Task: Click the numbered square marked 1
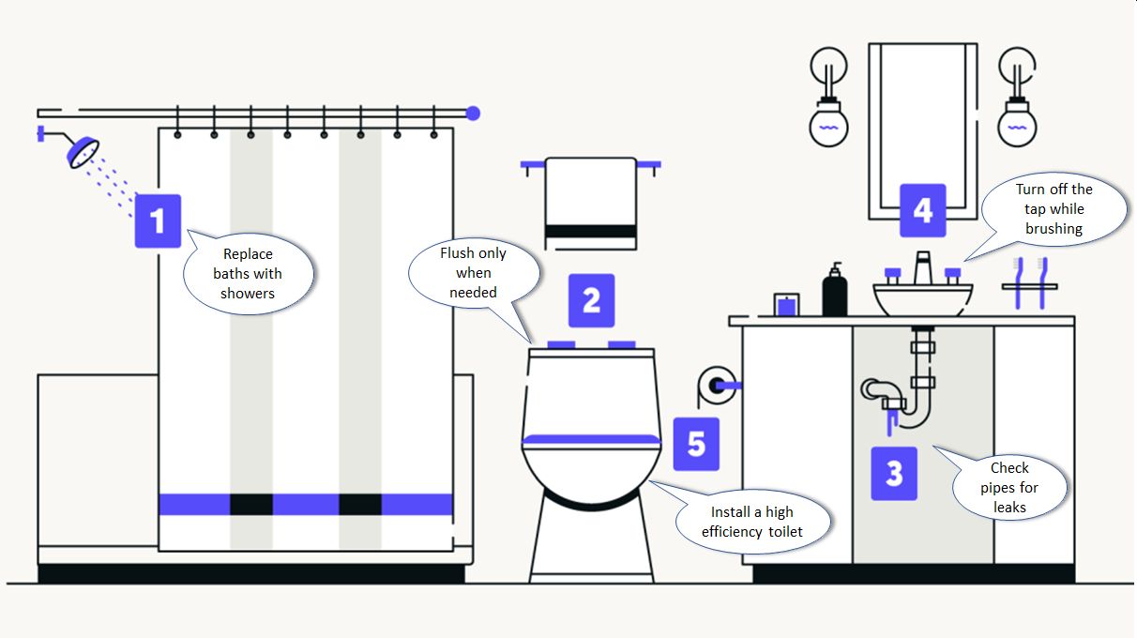point(158,221)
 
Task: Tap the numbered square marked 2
point(591,300)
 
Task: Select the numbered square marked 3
point(893,473)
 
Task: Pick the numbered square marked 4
point(922,210)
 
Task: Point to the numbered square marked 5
point(695,444)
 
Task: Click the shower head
point(83,152)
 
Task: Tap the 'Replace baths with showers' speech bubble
point(248,274)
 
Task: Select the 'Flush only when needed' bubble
point(475,273)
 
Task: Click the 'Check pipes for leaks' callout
point(1010,487)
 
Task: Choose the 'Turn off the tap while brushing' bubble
point(1054,209)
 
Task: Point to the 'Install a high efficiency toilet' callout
point(752,523)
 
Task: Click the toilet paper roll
point(716,385)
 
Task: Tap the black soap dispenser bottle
point(834,290)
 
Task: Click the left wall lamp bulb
point(828,123)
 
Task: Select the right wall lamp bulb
point(1017,123)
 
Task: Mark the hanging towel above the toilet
point(591,203)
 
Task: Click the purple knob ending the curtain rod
point(473,114)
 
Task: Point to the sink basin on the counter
point(923,299)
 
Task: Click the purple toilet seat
point(591,438)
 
